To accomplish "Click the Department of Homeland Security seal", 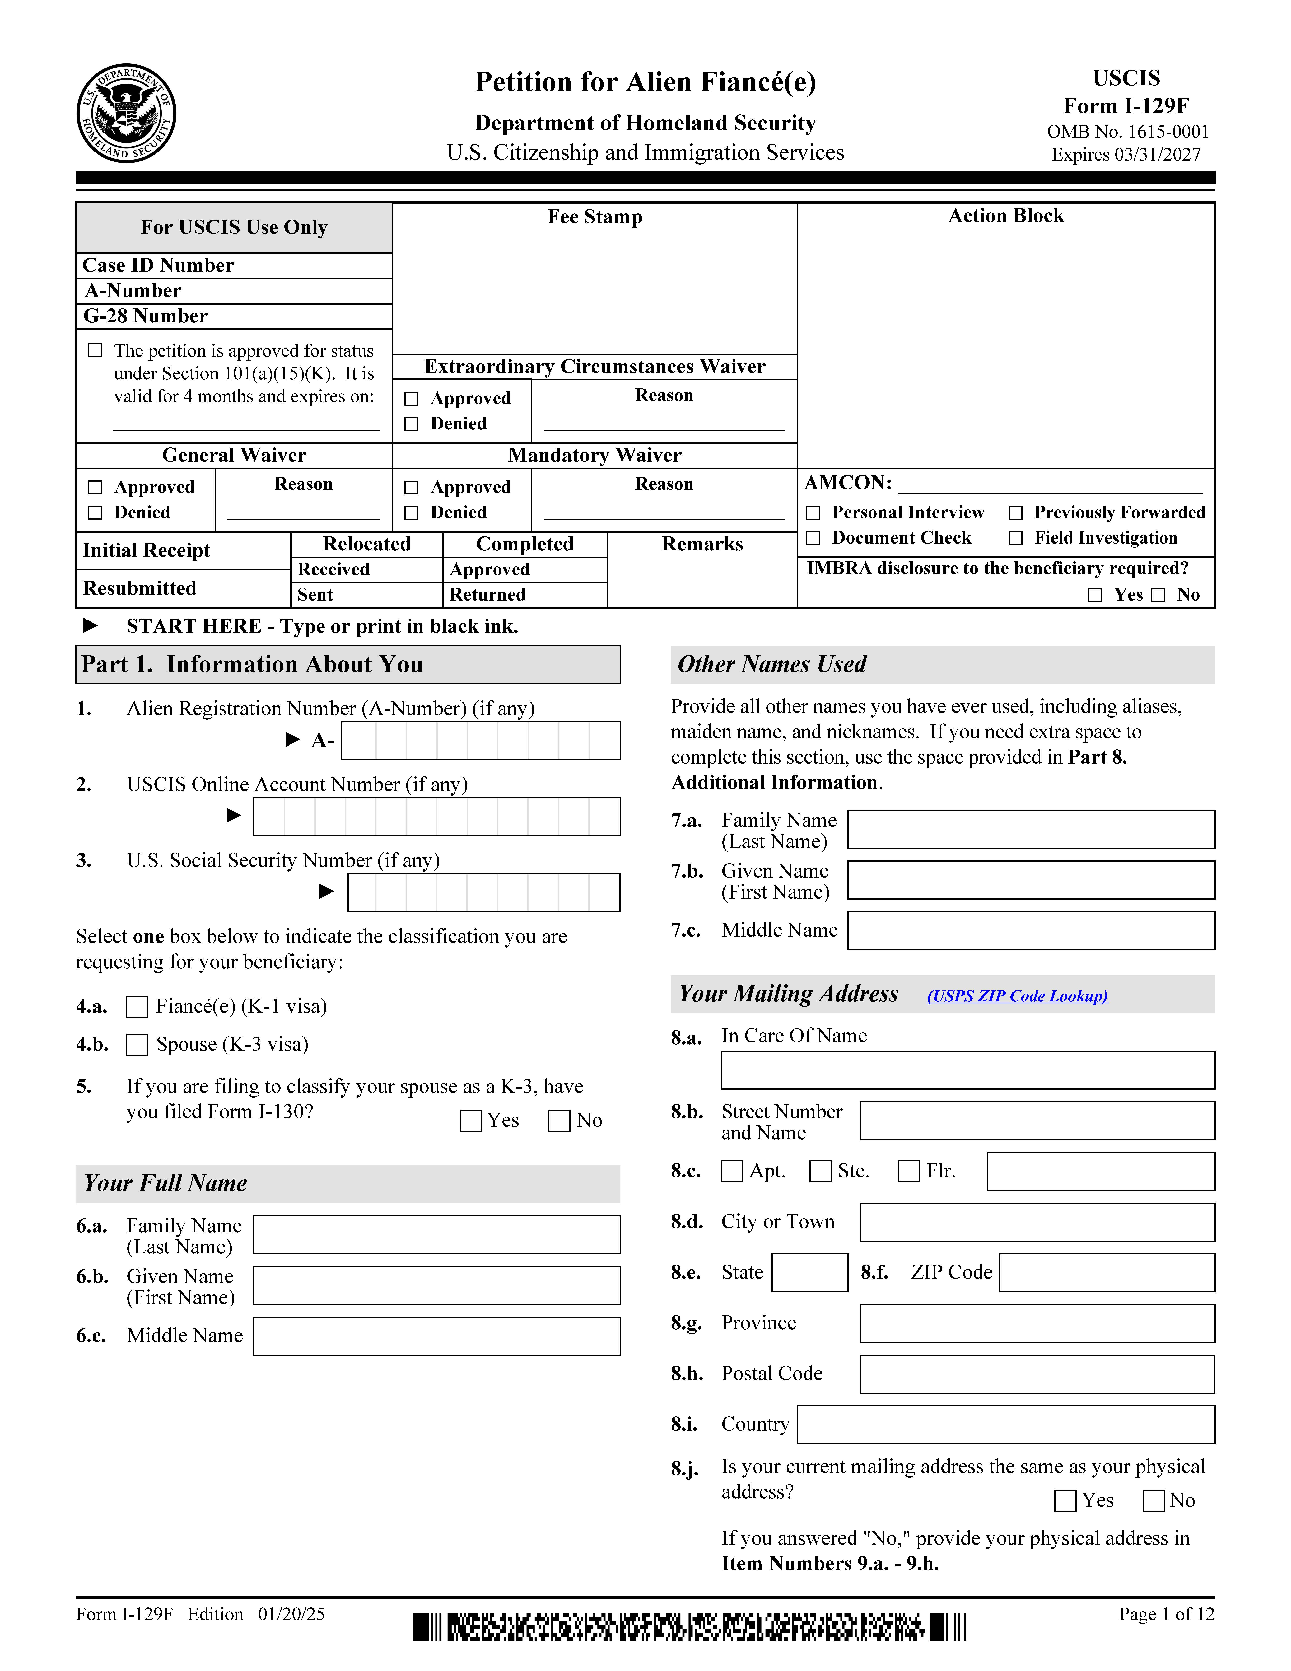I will [x=126, y=113].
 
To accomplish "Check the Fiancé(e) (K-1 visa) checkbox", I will [x=137, y=1006].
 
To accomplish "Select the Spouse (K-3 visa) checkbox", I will [x=137, y=1044].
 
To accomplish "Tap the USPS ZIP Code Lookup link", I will [x=1016, y=995].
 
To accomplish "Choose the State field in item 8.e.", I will [x=809, y=1272].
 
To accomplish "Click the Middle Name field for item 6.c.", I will [x=436, y=1336].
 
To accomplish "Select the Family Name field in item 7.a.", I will [x=1030, y=829].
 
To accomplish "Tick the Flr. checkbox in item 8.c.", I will [x=909, y=1171].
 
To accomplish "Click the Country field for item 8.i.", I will [x=1005, y=1425].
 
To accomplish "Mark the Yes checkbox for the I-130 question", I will [x=470, y=1121].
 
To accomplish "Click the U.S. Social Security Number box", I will [x=483, y=892].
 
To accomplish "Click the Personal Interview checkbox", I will [x=814, y=513].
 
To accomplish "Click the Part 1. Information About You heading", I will [x=252, y=664].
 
